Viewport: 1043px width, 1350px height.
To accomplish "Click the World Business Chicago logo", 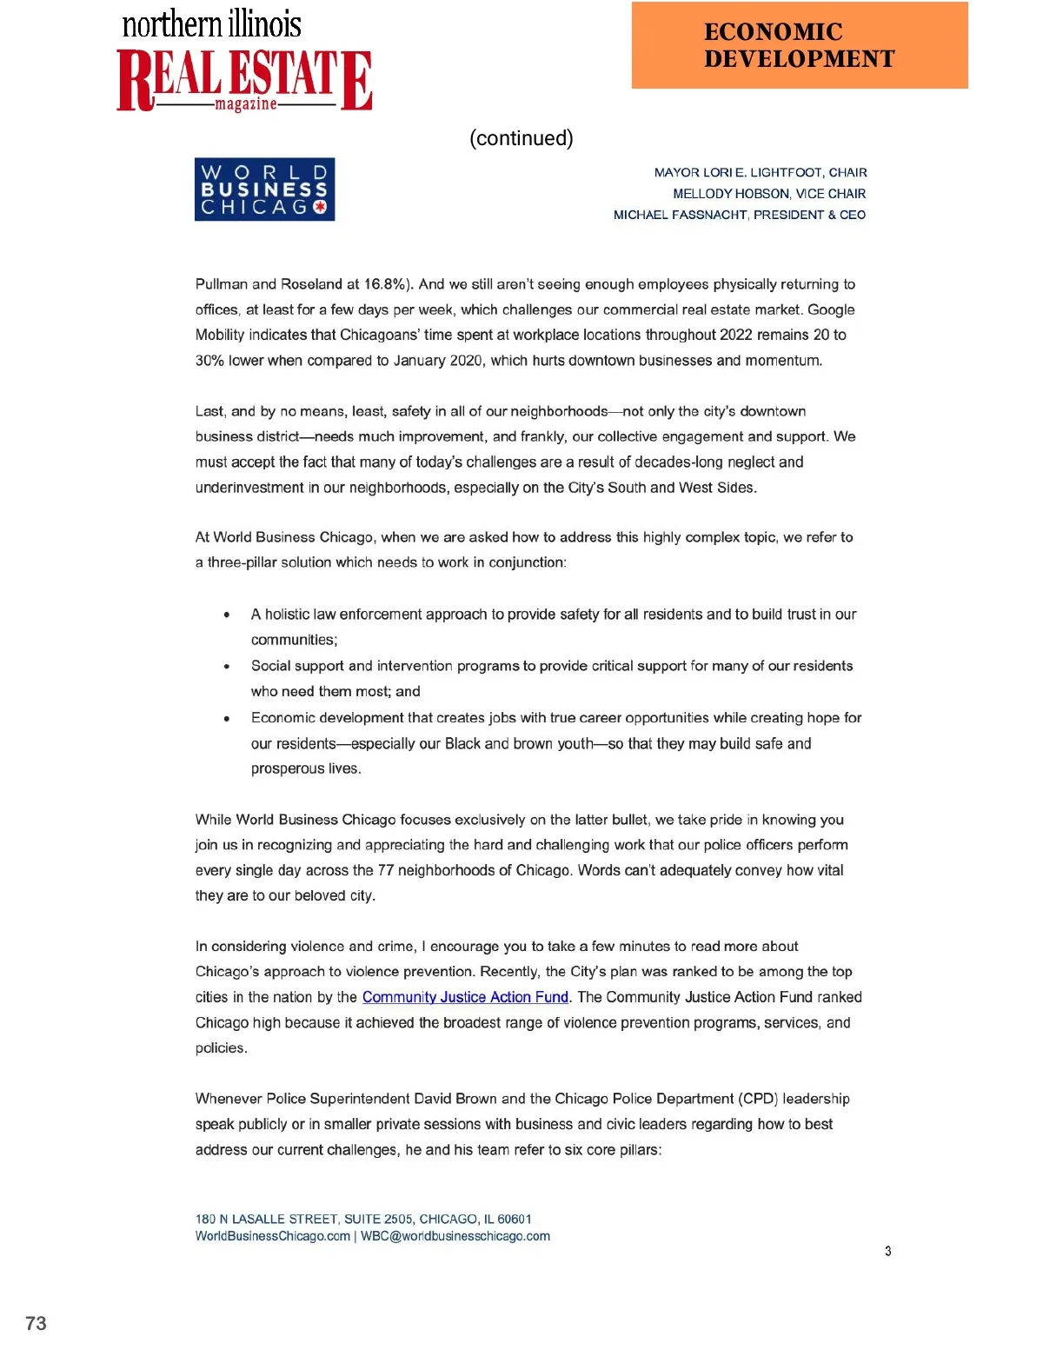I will coord(264,190).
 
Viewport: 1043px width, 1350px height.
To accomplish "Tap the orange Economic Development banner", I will coord(799,45).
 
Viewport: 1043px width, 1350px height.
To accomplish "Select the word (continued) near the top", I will coord(521,138).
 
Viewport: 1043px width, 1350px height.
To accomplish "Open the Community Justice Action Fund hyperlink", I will coord(465,997).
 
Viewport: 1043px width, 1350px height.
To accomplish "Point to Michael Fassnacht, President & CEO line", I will coord(739,215).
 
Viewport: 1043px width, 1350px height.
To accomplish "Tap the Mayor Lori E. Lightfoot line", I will coord(760,173).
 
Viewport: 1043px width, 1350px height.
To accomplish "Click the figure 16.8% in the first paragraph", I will coord(384,284).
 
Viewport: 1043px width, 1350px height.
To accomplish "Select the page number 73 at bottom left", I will coord(36,1323).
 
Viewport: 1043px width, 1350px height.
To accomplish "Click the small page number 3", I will coord(887,1251).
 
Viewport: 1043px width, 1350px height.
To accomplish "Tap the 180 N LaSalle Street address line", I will coord(363,1219).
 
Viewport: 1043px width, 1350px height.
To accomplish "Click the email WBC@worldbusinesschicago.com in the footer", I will coord(455,1236).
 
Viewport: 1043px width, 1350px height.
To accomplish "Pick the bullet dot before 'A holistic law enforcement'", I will coord(227,615).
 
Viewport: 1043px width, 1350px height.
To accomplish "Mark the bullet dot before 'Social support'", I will coord(227,667).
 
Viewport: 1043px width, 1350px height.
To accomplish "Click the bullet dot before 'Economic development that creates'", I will coord(227,719).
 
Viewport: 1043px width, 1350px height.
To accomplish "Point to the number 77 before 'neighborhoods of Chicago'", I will coord(385,870).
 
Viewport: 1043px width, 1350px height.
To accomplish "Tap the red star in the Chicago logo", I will coord(319,207).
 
